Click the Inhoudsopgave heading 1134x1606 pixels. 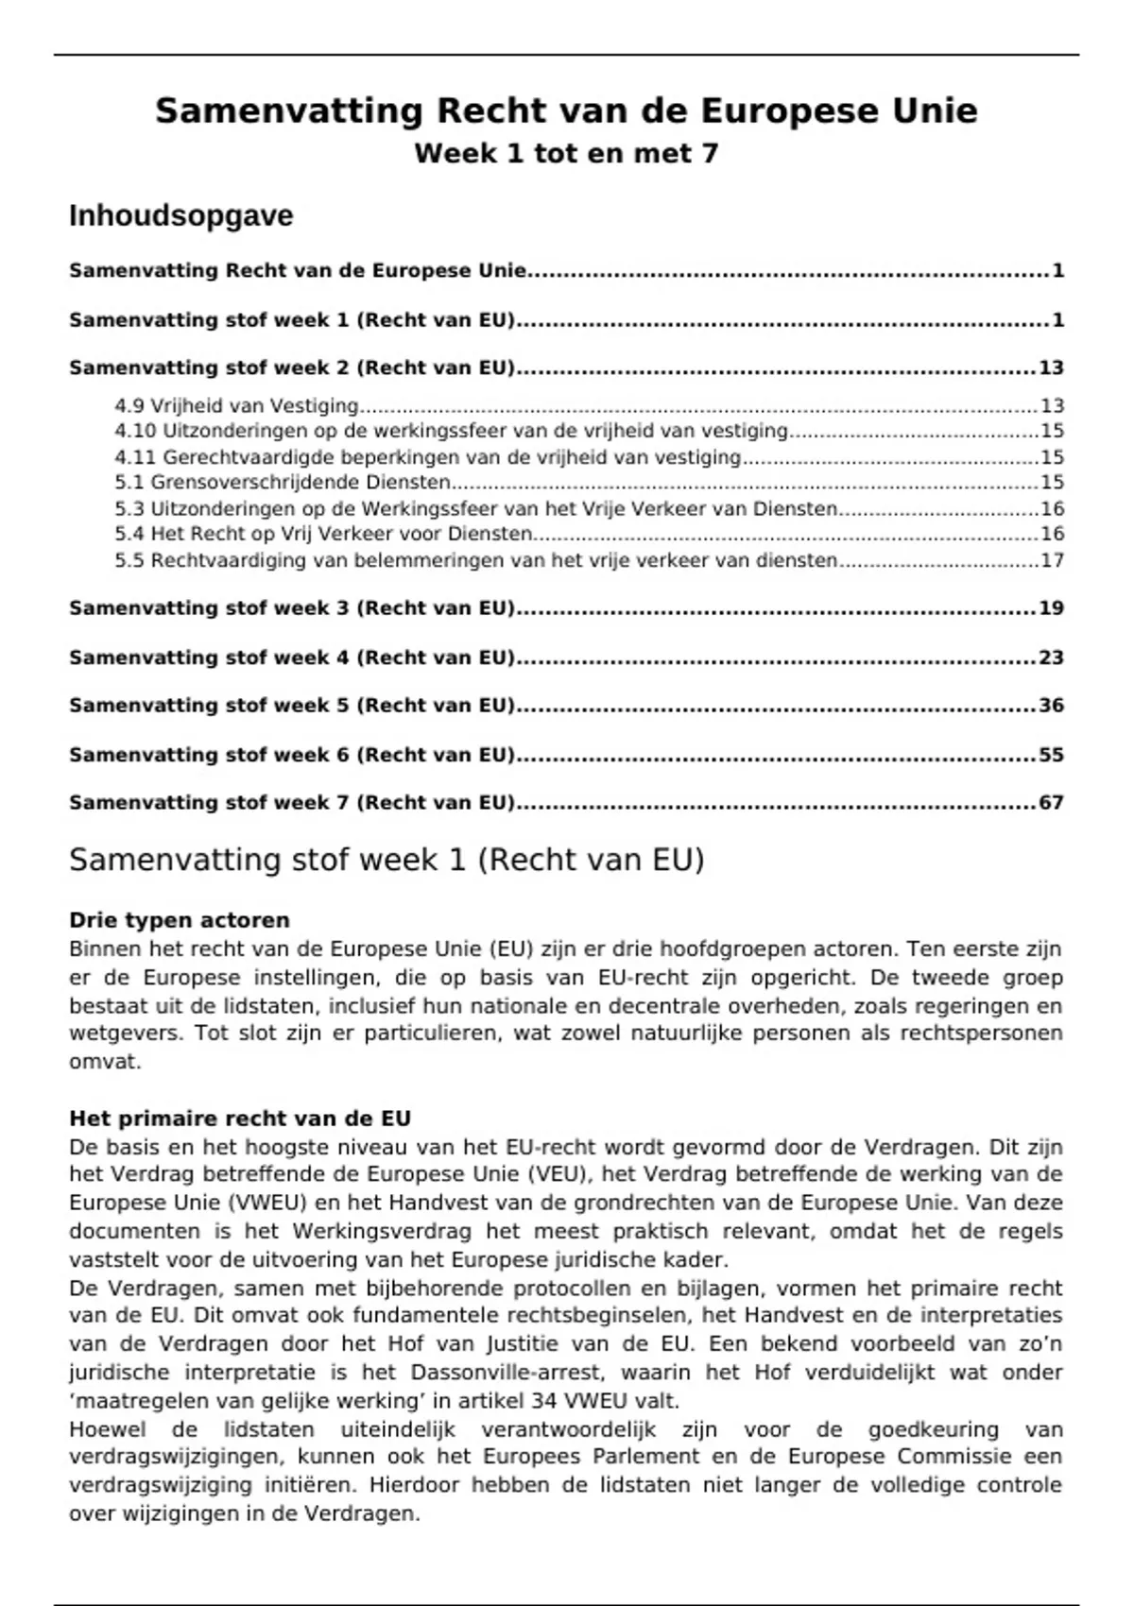[x=180, y=216]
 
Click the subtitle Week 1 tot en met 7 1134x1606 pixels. [x=566, y=153]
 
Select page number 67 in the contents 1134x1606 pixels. [x=1051, y=803]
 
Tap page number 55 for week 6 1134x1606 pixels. [x=1051, y=755]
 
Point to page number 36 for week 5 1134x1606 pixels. [x=1051, y=706]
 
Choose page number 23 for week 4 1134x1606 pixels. [x=1051, y=658]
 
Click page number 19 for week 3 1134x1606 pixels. [x=1051, y=608]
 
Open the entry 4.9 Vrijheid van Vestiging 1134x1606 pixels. [x=236, y=406]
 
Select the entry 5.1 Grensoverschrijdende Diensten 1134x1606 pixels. [x=283, y=483]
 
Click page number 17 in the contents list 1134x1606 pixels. [x=1052, y=560]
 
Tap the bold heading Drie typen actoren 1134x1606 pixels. [x=180, y=920]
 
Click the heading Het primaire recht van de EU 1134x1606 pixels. [x=240, y=1119]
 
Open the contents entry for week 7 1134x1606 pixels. [x=292, y=803]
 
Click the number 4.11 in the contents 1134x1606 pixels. [x=134, y=457]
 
